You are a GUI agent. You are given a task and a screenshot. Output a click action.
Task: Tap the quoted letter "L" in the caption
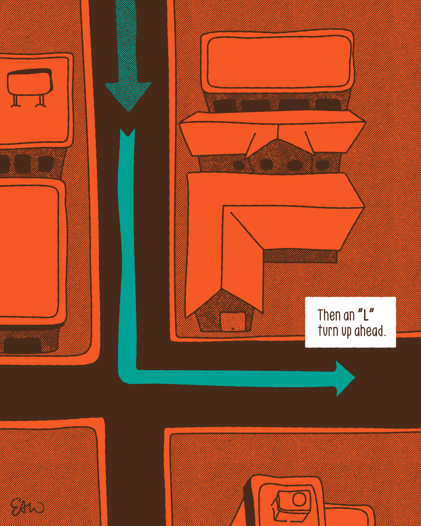pyautogui.click(x=366, y=314)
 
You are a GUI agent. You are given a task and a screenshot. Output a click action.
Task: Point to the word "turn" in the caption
pyautogui.click(x=328, y=331)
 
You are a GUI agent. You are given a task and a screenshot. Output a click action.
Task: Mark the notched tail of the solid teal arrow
pyautogui.click(x=127, y=135)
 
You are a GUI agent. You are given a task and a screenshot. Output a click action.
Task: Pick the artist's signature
pyautogui.click(x=27, y=507)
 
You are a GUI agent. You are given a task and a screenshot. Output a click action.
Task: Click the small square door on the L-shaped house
pyautogui.click(x=233, y=322)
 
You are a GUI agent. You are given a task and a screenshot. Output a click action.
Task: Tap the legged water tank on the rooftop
pyautogui.click(x=29, y=83)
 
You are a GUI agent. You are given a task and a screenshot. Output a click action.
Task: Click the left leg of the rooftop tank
pyautogui.click(x=16, y=101)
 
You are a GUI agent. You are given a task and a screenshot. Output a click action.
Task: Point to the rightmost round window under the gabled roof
pyautogui.click(x=322, y=165)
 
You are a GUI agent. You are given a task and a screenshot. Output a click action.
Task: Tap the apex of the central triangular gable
pyautogui.click(x=278, y=139)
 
